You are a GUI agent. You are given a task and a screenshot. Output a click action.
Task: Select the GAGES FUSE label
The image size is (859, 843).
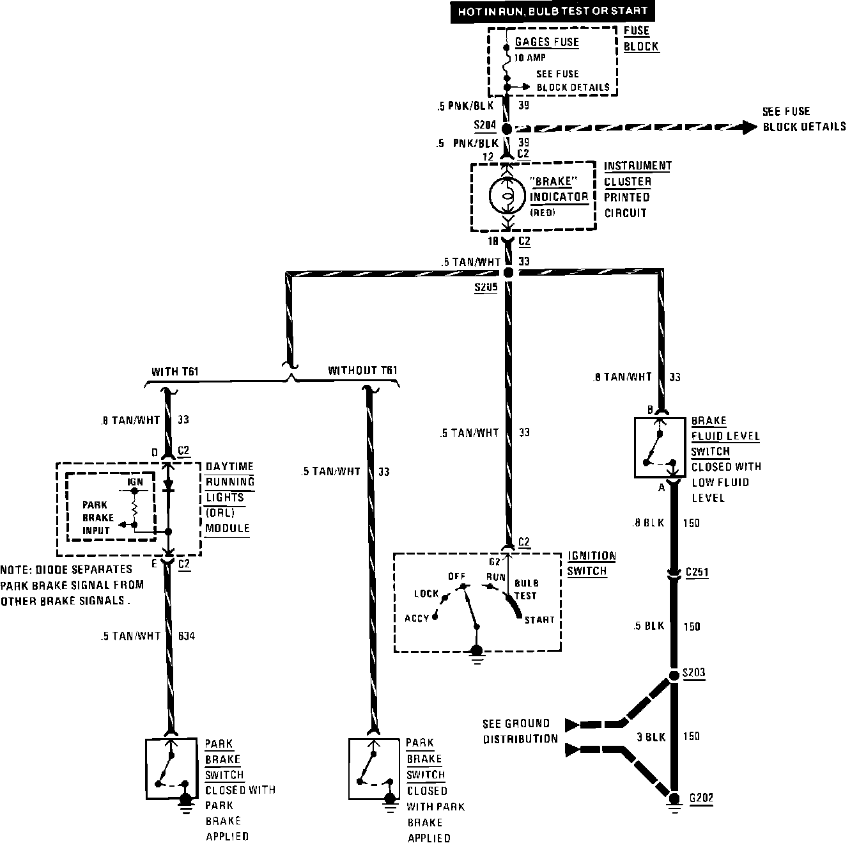click(x=546, y=42)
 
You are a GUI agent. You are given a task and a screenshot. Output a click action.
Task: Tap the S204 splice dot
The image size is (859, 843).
click(x=506, y=129)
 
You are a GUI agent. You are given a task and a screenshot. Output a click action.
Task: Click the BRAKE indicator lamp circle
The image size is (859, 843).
click(x=507, y=197)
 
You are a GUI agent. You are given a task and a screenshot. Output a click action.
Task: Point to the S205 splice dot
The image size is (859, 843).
click(x=508, y=273)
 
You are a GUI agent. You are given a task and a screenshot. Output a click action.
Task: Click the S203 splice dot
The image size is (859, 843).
click(x=673, y=675)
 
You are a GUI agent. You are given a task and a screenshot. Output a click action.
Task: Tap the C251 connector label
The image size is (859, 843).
click(x=696, y=572)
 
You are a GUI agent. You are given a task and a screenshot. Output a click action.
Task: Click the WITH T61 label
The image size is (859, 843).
click(x=174, y=372)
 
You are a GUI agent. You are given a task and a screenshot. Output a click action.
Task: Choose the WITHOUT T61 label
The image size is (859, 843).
click(x=362, y=371)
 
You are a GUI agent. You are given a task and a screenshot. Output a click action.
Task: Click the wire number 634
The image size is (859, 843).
click(x=186, y=636)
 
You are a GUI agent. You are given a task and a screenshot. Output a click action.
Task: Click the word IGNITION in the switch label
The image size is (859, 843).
click(x=592, y=555)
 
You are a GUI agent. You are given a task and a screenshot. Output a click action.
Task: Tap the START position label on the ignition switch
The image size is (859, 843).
click(x=539, y=620)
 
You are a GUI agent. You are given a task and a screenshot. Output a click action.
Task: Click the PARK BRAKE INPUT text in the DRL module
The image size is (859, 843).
click(x=98, y=517)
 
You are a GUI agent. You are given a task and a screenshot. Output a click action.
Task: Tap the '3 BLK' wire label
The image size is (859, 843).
click(x=651, y=737)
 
